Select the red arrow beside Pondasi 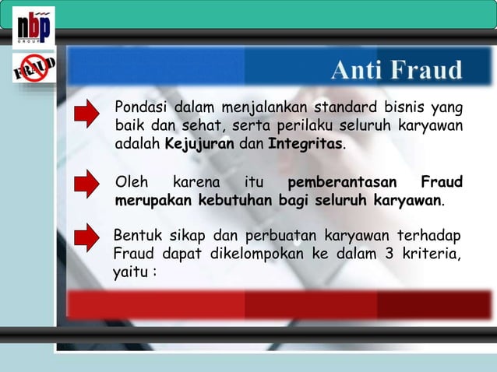point(87,113)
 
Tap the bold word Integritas point(305,144)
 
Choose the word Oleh point(131,183)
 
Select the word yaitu point(131,272)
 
